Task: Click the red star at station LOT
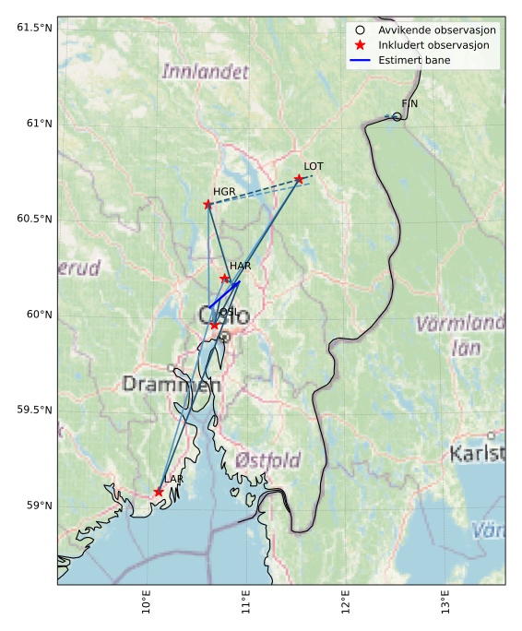click(x=299, y=179)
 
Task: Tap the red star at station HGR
click(x=208, y=204)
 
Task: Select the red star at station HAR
click(x=224, y=279)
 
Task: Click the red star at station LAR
click(x=159, y=492)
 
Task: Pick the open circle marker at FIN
click(x=397, y=116)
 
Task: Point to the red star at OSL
click(x=214, y=325)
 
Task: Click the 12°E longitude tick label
click(x=347, y=603)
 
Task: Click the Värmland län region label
click(x=459, y=335)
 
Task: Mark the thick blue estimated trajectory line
click(x=224, y=294)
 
